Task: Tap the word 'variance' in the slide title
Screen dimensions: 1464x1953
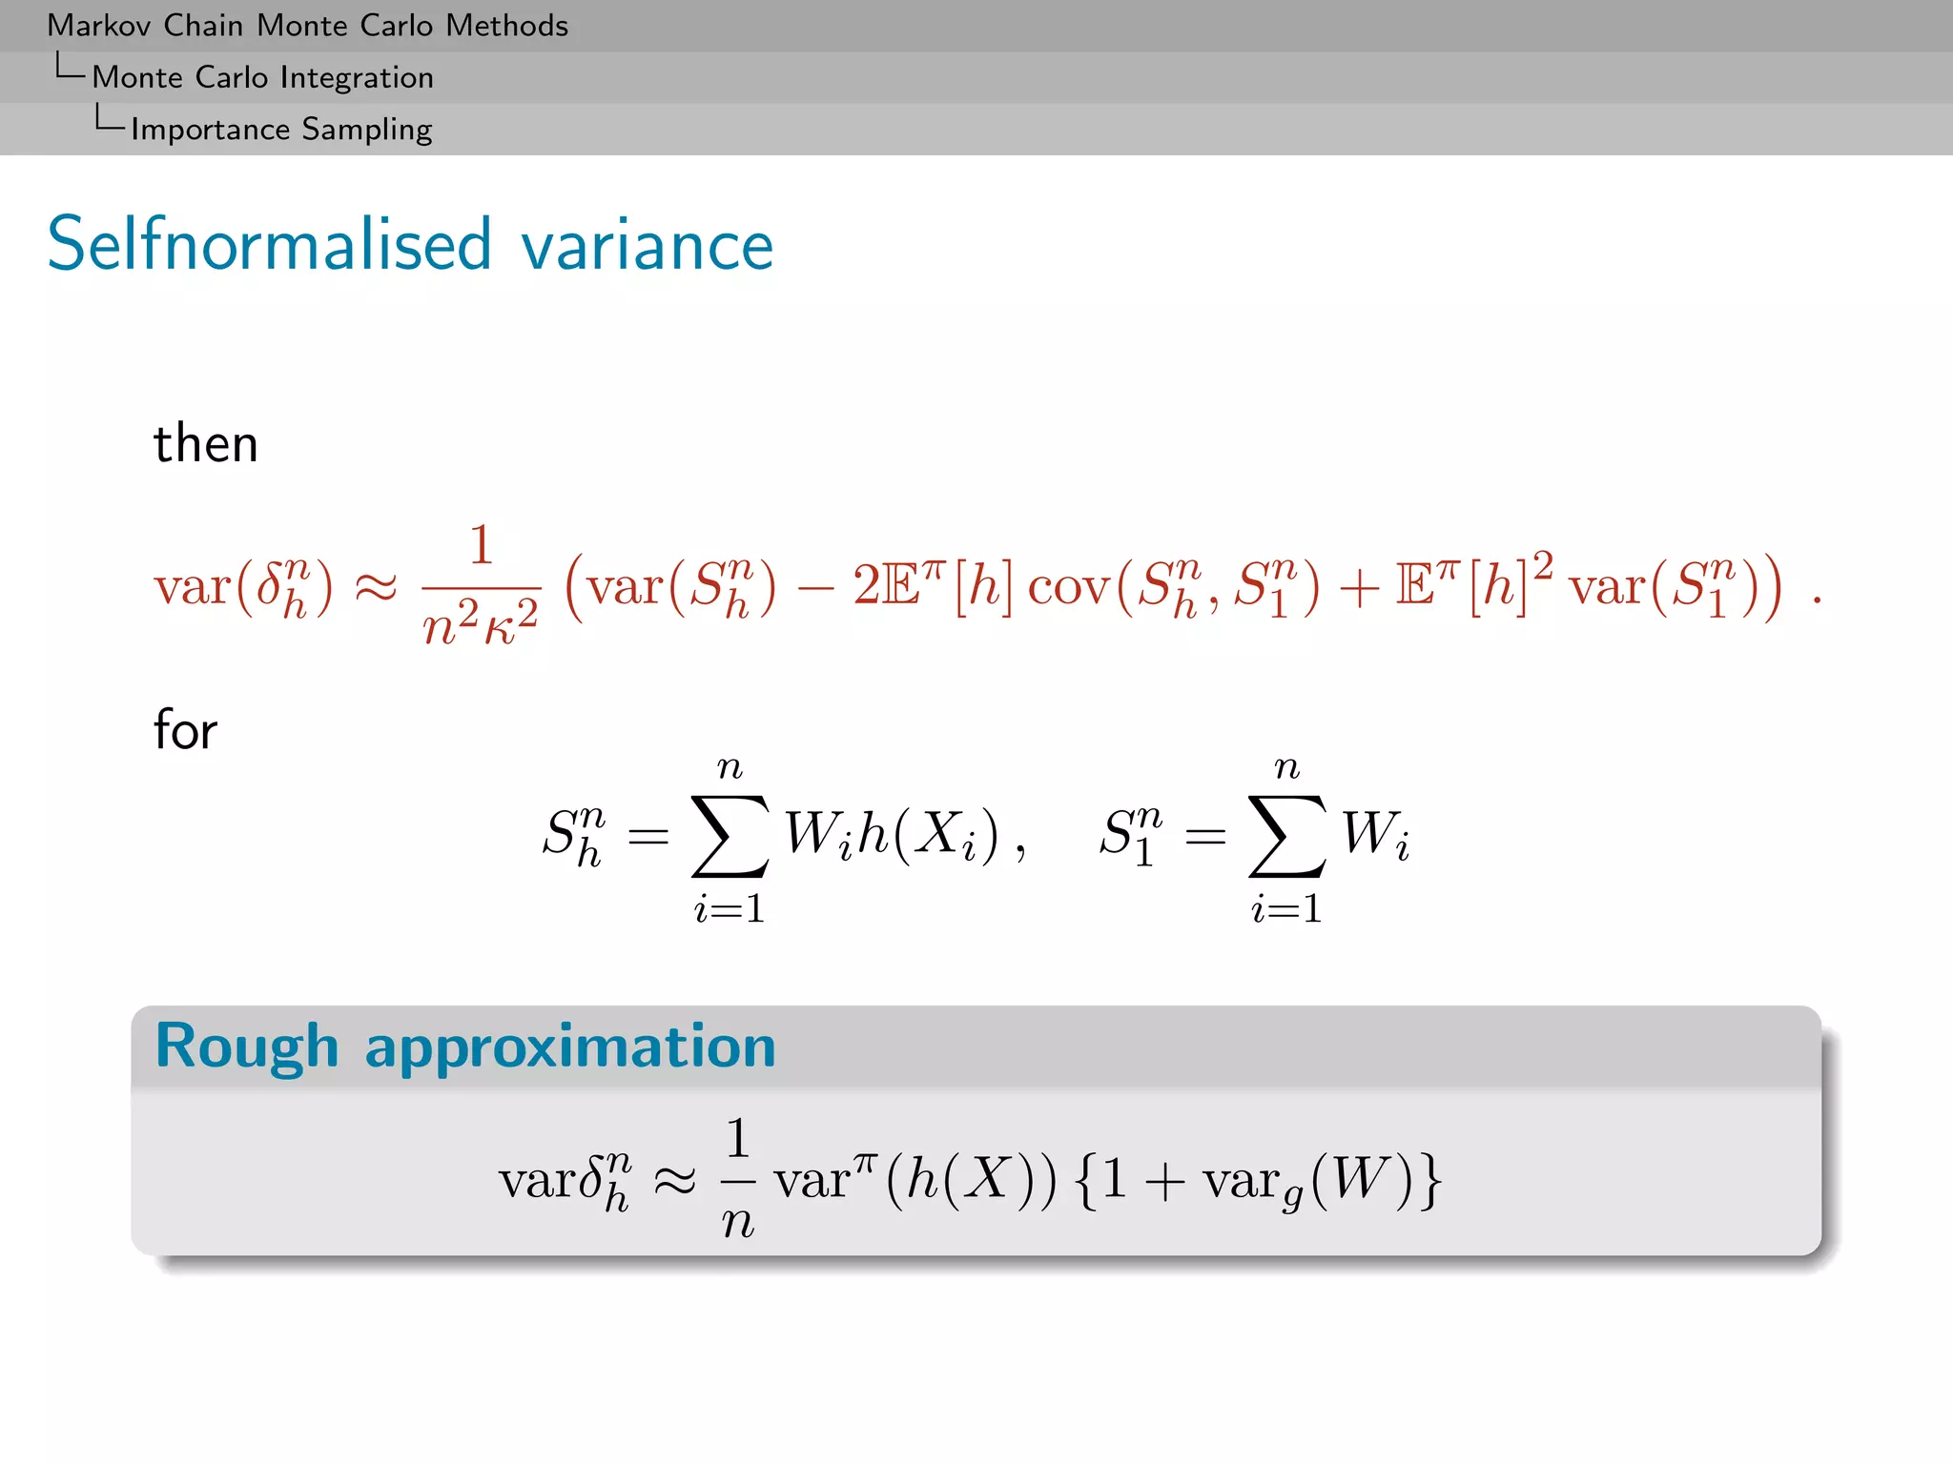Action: click(647, 246)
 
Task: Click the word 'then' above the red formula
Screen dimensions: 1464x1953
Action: click(206, 444)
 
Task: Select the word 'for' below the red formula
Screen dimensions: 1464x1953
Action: click(185, 730)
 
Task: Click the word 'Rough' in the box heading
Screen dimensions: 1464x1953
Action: click(247, 1046)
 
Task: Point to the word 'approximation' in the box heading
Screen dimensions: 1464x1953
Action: click(570, 1047)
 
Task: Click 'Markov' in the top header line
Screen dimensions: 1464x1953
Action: click(100, 26)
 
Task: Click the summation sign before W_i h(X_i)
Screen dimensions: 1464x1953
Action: click(730, 836)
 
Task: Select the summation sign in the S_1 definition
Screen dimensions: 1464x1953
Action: click(1286, 836)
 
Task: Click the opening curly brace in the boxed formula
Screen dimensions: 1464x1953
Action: click(1085, 1180)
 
